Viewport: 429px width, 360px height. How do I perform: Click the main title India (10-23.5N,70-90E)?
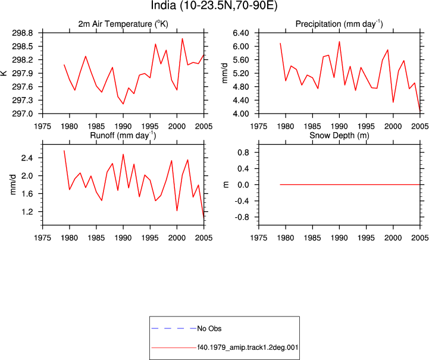tap(214, 5)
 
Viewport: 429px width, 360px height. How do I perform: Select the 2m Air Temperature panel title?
tap(123, 24)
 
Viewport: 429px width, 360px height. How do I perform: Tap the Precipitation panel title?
tap(339, 24)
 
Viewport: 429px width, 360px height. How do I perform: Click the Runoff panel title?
tap(123, 135)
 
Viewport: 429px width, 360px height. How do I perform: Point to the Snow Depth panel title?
tap(339, 135)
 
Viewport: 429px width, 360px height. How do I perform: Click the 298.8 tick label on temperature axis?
tap(22, 33)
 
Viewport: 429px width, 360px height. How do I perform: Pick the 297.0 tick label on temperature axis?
tap(22, 114)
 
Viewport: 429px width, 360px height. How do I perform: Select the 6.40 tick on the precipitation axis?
tap(241, 33)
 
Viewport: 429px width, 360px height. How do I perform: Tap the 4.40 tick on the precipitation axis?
tap(241, 100)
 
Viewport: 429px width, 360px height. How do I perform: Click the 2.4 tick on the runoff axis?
tap(27, 158)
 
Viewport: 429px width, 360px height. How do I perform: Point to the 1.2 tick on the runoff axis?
tap(27, 211)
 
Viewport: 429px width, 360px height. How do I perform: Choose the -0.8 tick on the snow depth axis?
tap(242, 217)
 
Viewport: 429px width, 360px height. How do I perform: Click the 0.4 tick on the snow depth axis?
tap(243, 168)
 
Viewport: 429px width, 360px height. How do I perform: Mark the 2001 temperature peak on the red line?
tap(182, 39)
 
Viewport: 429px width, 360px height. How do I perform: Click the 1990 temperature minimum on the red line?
tap(123, 104)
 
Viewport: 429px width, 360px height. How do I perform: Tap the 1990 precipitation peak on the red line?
tap(339, 42)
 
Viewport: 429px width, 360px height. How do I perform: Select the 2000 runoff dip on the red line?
tap(177, 211)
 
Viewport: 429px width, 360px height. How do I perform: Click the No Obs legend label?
tap(209, 328)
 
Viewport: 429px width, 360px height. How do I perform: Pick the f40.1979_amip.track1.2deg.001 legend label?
tap(248, 348)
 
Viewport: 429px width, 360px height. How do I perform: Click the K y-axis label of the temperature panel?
tap(4, 73)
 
